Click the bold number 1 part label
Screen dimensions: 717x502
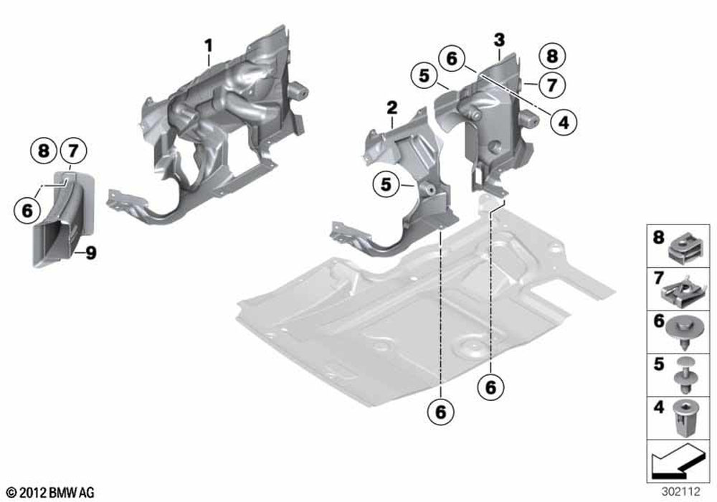coord(209,46)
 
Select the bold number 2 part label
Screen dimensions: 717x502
coord(392,108)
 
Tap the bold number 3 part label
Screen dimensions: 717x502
coord(499,39)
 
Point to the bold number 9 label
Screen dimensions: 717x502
coord(91,252)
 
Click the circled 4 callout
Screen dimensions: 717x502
coord(564,122)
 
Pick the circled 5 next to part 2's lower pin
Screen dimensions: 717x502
coord(386,184)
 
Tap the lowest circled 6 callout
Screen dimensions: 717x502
coord(440,412)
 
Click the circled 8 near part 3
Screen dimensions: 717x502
coord(552,56)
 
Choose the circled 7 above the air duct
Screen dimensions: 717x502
coord(73,150)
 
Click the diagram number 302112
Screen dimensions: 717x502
coord(680,491)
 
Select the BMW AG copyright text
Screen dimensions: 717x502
coord(51,493)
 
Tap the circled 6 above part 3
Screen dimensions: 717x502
coord(451,59)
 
